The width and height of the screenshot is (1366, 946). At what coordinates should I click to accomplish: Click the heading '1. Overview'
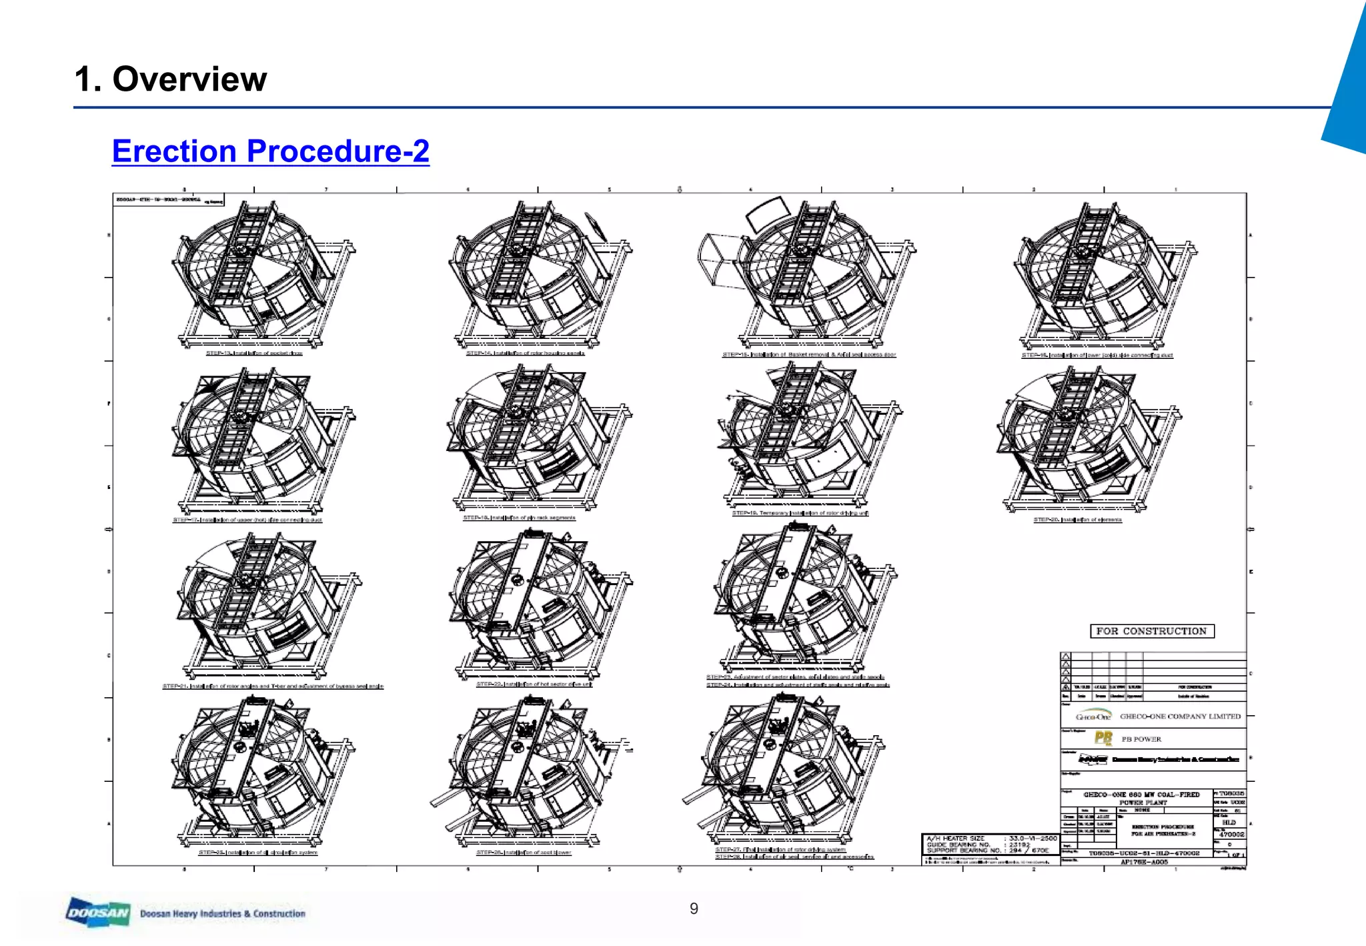pyautogui.click(x=171, y=79)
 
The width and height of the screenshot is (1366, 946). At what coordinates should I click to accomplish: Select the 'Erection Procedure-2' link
pyautogui.click(x=270, y=151)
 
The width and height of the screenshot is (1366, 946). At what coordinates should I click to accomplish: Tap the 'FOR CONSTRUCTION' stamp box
pyautogui.click(x=1151, y=631)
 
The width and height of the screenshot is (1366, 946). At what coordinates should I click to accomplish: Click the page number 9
pyautogui.click(x=694, y=908)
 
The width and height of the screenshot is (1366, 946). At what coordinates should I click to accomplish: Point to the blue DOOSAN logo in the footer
pyautogui.click(x=98, y=913)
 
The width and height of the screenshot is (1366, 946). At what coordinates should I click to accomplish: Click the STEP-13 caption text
pyautogui.click(x=254, y=353)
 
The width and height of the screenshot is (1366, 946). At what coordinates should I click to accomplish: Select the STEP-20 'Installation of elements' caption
pyautogui.click(x=1077, y=520)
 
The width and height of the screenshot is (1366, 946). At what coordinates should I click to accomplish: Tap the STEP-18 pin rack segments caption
pyautogui.click(x=519, y=518)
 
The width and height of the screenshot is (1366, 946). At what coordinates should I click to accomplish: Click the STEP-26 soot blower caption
pyautogui.click(x=524, y=853)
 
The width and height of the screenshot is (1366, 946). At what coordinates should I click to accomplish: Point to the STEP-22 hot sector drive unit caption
pyautogui.click(x=534, y=684)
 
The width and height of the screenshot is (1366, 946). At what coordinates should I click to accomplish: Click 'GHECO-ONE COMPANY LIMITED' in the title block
pyautogui.click(x=1180, y=717)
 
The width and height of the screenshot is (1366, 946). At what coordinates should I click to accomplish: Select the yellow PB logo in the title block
pyautogui.click(x=1103, y=738)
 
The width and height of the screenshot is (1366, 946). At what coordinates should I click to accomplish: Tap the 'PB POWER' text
pyautogui.click(x=1141, y=739)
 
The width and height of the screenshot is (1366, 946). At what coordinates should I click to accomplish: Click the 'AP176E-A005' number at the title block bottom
pyautogui.click(x=1144, y=862)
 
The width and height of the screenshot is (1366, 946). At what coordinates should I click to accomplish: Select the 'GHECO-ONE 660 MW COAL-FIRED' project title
pyautogui.click(x=1141, y=795)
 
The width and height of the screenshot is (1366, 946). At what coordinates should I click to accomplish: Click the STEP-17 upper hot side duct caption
pyautogui.click(x=247, y=520)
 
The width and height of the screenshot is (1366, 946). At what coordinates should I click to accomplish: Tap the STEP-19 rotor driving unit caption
pyautogui.click(x=800, y=513)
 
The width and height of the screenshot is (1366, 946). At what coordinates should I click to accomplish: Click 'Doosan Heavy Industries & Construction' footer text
pyautogui.click(x=223, y=913)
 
